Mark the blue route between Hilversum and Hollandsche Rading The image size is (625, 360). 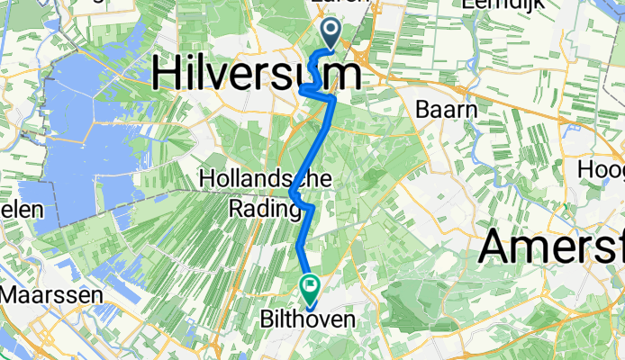315,144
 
